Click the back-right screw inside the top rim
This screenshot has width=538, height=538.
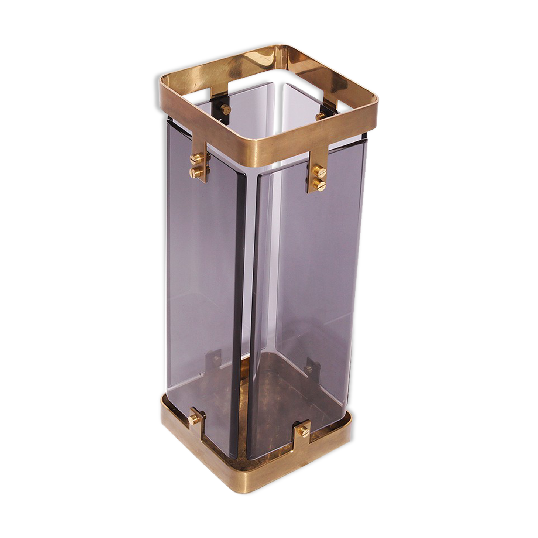point(320,116)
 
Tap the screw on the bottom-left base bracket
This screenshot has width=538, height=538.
point(193,419)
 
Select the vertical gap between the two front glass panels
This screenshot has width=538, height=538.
point(251,295)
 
